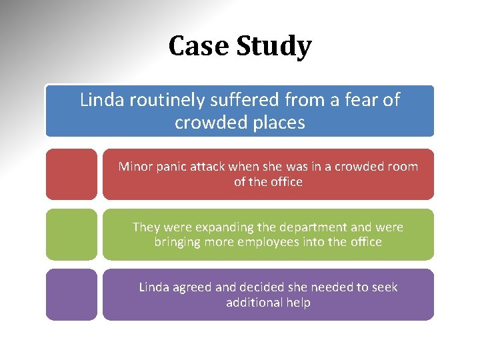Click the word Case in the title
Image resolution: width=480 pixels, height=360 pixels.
pos(195,47)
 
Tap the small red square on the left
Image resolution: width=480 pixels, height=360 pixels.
pos(71,174)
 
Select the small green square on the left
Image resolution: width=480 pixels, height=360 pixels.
pos(71,234)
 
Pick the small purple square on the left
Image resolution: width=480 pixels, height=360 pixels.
pos(71,294)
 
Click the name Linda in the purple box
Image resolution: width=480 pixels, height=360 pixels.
pos(154,287)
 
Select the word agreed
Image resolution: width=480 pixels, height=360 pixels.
pos(194,288)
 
